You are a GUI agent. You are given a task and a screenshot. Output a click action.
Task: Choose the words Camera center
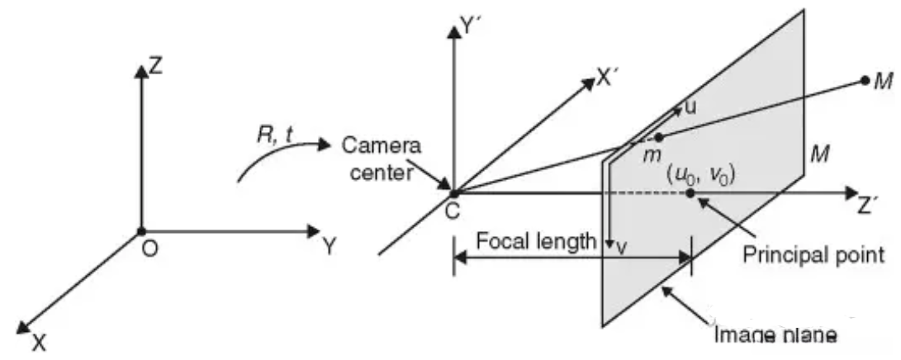(382, 158)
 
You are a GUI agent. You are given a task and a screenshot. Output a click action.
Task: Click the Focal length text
(535, 241)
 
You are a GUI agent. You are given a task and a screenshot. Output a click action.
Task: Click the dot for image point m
(659, 137)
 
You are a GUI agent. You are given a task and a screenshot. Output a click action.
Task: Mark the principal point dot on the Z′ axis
(690, 194)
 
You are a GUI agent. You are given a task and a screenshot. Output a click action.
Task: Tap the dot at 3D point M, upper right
(865, 81)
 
